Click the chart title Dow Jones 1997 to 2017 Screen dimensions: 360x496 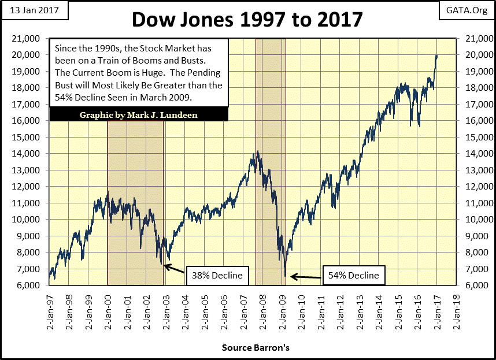(x=247, y=19)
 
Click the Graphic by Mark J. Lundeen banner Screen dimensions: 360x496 (x=139, y=114)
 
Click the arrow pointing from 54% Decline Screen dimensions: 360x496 (x=306, y=277)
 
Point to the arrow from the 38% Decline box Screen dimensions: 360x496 (x=175, y=269)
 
